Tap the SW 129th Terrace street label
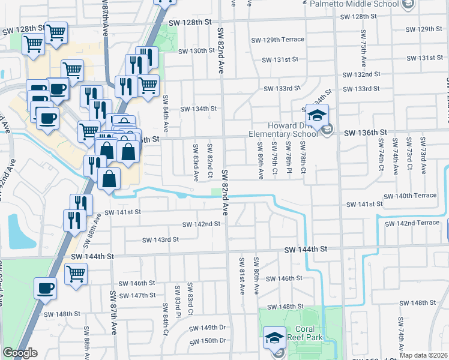[284, 40]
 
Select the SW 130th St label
[190, 51]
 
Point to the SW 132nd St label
[362, 74]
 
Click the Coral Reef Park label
[309, 333]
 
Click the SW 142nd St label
[202, 224]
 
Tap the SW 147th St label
[137, 295]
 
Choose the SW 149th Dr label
[207, 328]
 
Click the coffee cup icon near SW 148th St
[46, 289]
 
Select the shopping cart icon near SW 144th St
[76, 274]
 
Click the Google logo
[20, 353]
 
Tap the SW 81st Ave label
[242, 275]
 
